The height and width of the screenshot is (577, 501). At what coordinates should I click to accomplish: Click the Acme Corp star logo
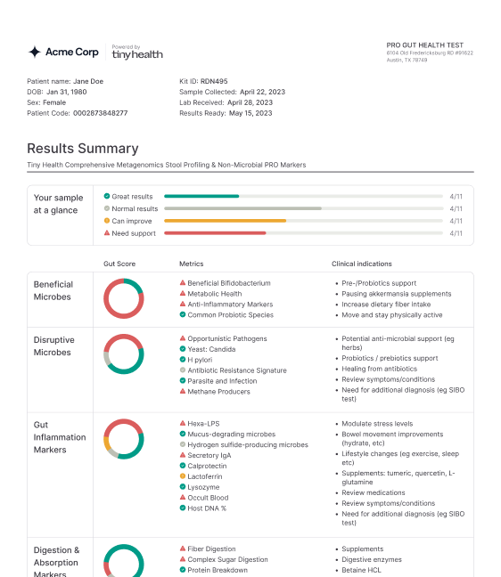(35, 52)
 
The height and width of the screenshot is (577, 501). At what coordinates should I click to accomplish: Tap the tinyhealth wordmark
(137, 55)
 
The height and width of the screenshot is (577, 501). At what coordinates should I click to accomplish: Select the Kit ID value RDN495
(214, 81)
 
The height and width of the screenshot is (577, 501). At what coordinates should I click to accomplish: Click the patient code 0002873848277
(100, 113)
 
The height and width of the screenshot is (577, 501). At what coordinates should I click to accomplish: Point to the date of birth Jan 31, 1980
(67, 92)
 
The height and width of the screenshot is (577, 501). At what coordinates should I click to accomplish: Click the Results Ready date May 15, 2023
(250, 113)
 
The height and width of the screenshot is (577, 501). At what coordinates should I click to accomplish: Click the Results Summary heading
(83, 149)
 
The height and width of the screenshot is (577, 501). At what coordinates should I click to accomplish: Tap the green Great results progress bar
(201, 197)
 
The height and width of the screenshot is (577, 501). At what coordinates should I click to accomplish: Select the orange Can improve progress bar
(225, 221)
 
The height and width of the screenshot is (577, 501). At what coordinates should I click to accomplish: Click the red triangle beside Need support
(107, 233)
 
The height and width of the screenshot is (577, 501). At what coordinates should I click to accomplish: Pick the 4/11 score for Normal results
(456, 209)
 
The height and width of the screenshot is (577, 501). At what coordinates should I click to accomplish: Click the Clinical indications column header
(361, 264)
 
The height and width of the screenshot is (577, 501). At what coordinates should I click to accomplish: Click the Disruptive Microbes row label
(53, 346)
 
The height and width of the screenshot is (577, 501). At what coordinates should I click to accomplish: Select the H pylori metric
(200, 360)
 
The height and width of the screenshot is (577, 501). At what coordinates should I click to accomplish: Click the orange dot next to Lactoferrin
(183, 476)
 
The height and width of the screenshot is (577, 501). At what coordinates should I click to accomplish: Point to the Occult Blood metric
(208, 498)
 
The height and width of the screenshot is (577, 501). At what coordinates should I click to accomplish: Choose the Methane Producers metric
(218, 392)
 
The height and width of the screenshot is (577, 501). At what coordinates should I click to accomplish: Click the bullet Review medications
(374, 492)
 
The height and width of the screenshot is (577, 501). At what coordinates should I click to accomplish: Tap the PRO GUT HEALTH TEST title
(424, 45)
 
